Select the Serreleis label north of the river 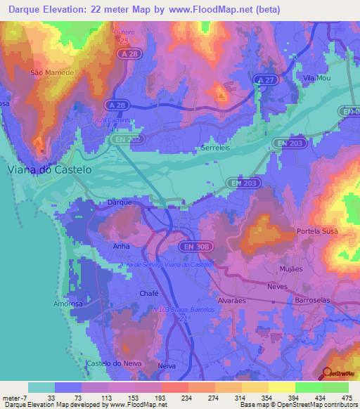click(214, 149)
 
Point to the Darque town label click(120, 202)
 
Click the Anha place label click(121, 247)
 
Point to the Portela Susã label click(317, 231)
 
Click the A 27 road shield click(264, 79)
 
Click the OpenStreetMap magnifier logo click(327, 375)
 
